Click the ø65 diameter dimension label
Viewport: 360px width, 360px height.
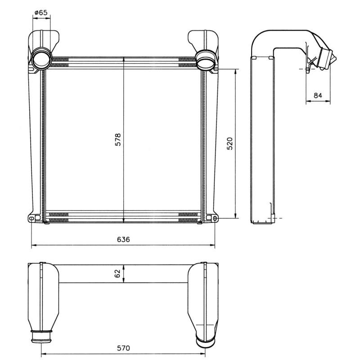tap(41, 13)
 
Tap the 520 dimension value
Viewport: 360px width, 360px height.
tap(229, 143)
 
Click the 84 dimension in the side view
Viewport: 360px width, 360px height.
tap(318, 95)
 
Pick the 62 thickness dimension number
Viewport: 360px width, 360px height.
tap(117, 274)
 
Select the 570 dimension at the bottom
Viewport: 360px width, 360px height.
tap(123, 348)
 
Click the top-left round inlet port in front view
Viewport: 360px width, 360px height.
tap(40, 59)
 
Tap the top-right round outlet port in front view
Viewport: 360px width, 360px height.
tap(206, 59)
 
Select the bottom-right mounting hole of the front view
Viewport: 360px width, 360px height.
tap(215, 219)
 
